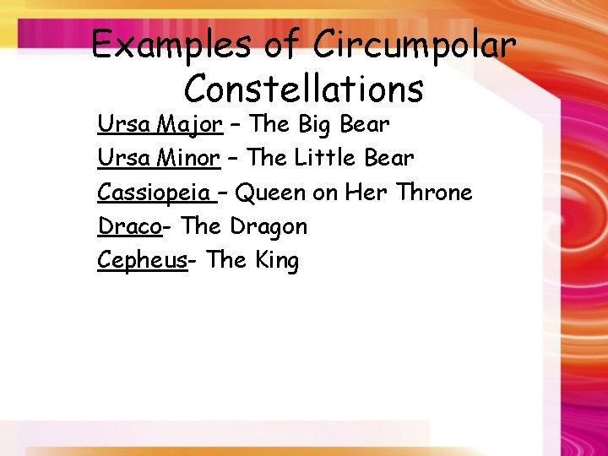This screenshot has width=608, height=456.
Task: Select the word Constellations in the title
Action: (x=303, y=87)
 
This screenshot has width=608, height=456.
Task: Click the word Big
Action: (x=315, y=125)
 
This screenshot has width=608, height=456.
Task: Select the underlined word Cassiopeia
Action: (x=155, y=193)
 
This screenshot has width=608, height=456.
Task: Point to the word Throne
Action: (x=434, y=193)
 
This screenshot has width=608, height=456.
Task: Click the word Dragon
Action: (x=269, y=226)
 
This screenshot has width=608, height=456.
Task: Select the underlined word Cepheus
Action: (x=141, y=260)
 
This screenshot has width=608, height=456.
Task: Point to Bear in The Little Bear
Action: (x=389, y=159)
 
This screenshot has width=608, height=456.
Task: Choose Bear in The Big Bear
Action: (x=364, y=125)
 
